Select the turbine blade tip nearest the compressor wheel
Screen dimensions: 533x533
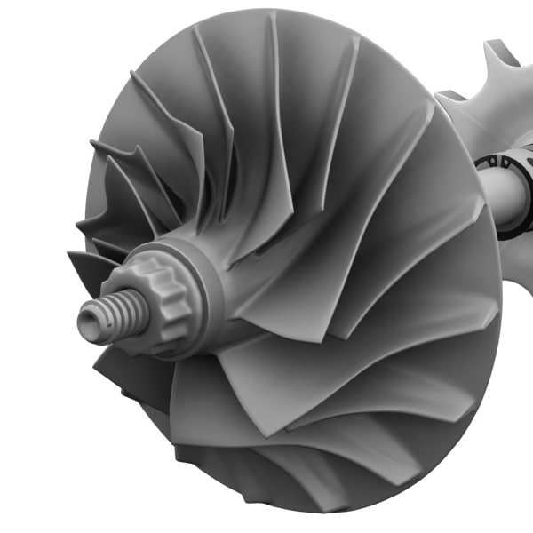442,94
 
